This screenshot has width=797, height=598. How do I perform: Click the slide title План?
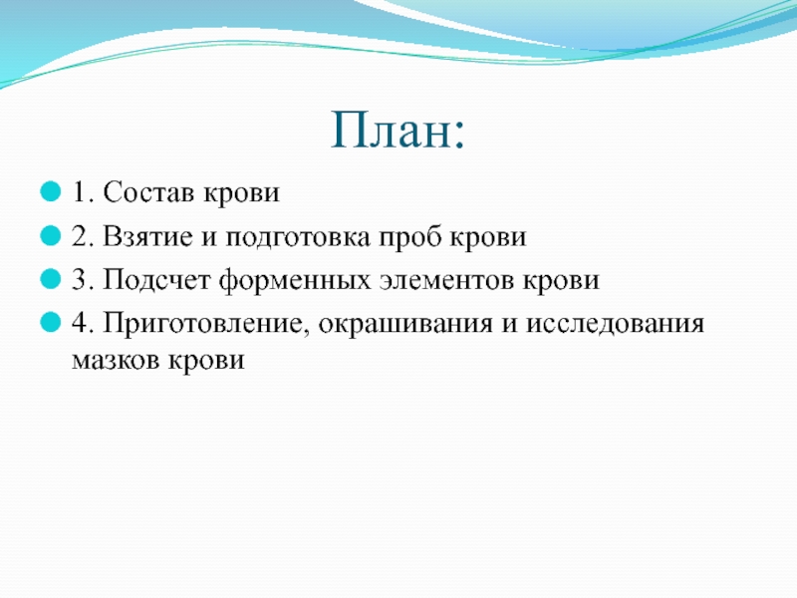tap(398, 131)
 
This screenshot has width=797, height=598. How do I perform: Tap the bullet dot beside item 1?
tap(51, 192)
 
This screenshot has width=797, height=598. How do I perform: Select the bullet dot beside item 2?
tap(51, 236)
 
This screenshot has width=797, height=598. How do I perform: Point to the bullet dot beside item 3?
tap(51, 280)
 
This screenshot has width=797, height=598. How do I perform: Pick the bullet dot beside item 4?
tap(51, 323)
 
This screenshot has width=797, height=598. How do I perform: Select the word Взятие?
tap(148, 236)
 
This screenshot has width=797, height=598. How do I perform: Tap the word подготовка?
tap(298, 238)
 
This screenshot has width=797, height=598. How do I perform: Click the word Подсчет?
tap(156, 280)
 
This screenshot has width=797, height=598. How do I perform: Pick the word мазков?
tap(116, 360)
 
